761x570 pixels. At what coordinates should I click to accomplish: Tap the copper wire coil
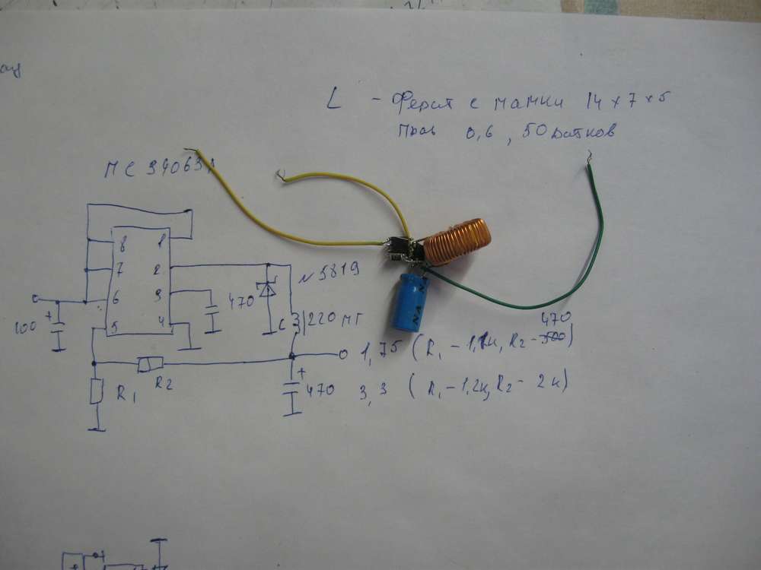457,242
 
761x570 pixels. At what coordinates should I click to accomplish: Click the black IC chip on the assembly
396,246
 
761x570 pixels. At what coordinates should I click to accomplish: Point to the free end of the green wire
587,159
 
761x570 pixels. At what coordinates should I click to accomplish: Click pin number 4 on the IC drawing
161,321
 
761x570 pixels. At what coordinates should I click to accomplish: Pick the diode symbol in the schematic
266,290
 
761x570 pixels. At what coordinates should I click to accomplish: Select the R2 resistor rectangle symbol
147,365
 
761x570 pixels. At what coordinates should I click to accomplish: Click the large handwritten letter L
333,102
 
